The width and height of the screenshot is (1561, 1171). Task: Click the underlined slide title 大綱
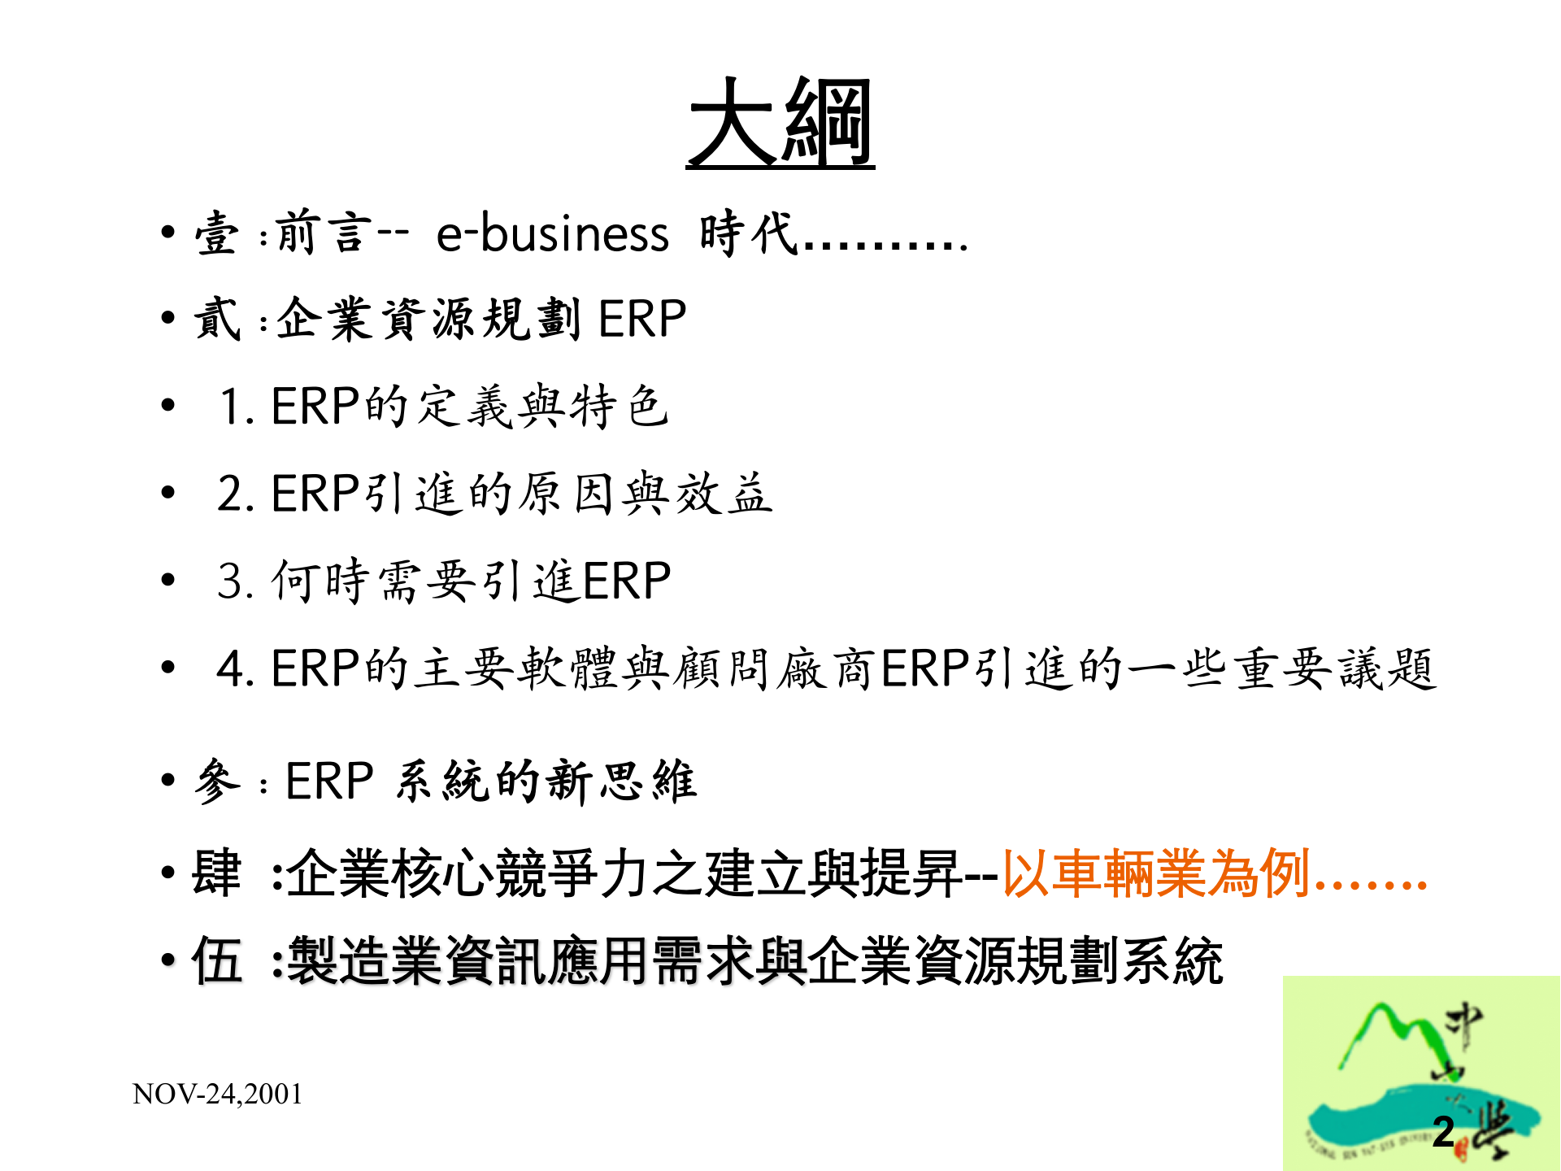[780, 123]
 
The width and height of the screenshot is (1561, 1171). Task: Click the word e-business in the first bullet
[552, 233]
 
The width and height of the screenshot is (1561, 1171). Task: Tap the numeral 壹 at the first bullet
[216, 233]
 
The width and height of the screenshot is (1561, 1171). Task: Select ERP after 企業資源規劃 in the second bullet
[642, 318]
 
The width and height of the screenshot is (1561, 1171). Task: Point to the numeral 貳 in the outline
[216, 318]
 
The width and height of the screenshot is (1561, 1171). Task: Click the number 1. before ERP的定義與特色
[237, 406]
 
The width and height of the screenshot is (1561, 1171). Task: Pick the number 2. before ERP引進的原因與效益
[237, 494]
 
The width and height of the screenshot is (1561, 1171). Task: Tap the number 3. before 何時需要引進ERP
[237, 581]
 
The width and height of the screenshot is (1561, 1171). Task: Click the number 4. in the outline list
[237, 669]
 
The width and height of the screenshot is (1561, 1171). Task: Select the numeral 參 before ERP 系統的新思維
[216, 781]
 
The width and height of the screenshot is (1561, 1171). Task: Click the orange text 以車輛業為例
[1155, 873]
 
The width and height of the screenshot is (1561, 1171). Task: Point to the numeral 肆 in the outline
[216, 873]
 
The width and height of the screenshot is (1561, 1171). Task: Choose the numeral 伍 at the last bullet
[216, 960]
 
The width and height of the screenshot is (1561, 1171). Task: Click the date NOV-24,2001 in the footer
[217, 1094]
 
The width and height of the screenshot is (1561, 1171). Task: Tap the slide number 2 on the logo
[1443, 1131]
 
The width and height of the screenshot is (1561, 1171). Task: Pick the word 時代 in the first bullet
[748, 233]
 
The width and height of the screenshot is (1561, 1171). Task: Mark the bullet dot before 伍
[168, 960]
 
